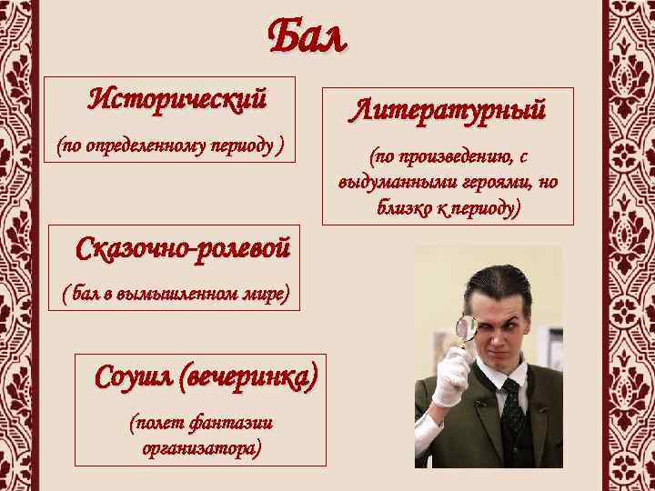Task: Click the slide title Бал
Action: (307, 36)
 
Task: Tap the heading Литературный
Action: (450, 111)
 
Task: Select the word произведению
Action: (452, 157)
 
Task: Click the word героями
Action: (489, 183)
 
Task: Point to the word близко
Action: (405, 208)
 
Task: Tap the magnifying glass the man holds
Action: (469, 328)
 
